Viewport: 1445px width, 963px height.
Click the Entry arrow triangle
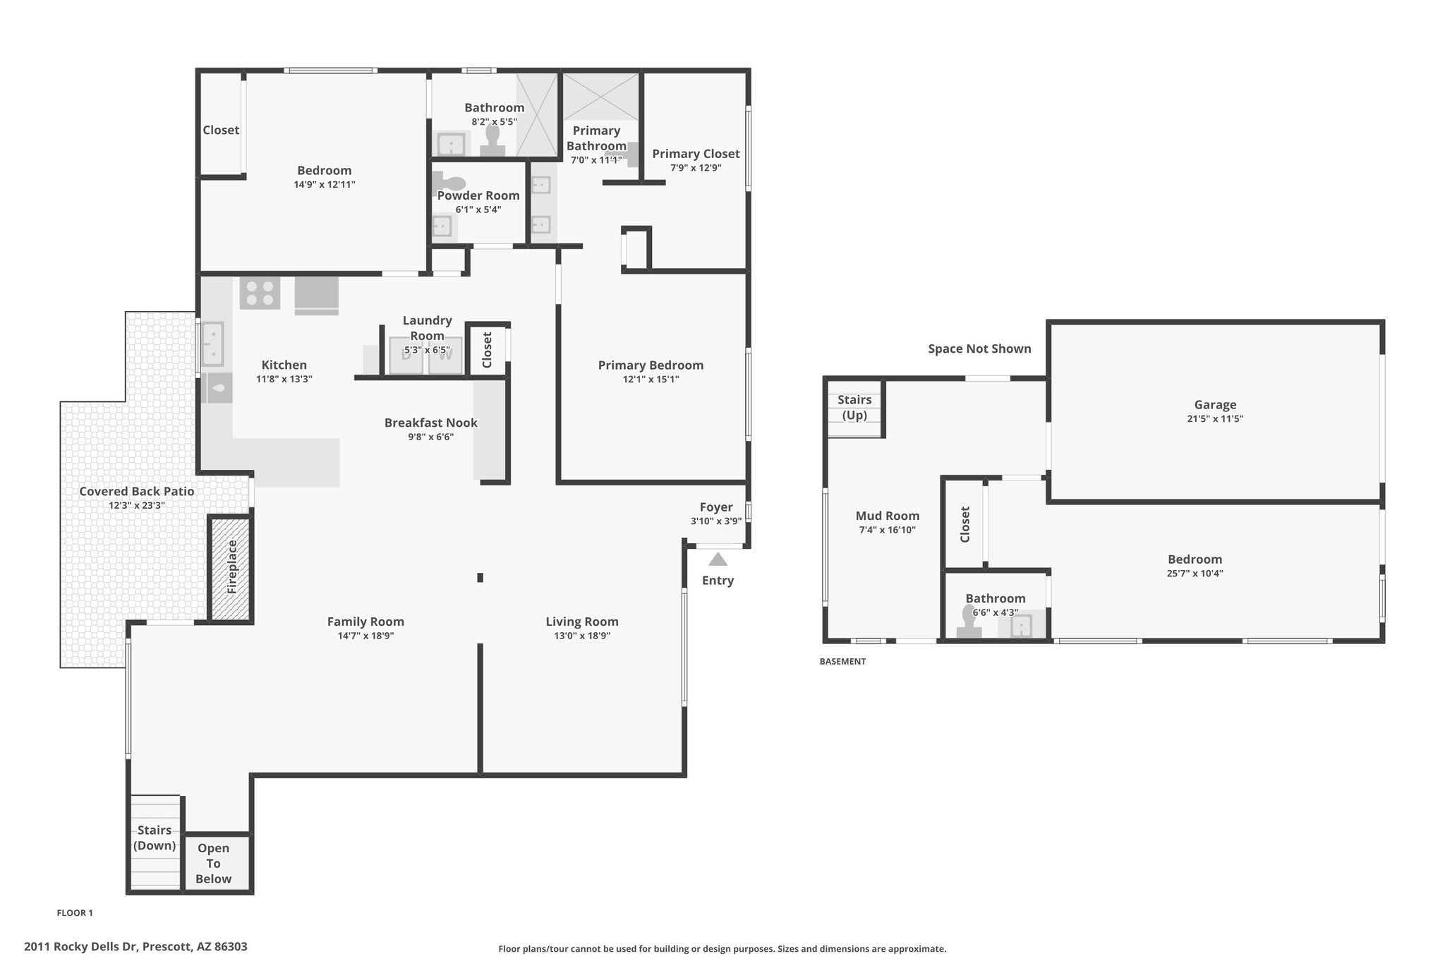pyautogui.click(x=718, y=559)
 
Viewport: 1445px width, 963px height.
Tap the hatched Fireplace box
pyautogui.click(x=231, y=568)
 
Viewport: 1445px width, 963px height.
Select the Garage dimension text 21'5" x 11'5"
pyautogui.click(x=1215, y=418)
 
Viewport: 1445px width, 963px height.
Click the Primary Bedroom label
pyautogui.click(x=651, y=365)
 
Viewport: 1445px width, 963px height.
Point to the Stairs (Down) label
pyautogui.click(x=155, y=837)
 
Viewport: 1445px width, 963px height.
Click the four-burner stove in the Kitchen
pyautogui.click(x=260, y=293)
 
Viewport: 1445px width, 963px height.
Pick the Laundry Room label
pyautogui.click(x=427, y=328)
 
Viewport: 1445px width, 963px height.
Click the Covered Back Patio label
pyautogui.click(x=136, y=491)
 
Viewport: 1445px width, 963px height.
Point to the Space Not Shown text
pyautogui.click(x=979, y=349)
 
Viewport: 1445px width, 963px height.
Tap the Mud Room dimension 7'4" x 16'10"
pyautogui.click(x=887, y=530)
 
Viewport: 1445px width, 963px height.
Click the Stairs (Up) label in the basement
pyautogui.click(x=854, y=407)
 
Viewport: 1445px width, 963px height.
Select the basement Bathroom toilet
pyautogui.click(x=969, y=622)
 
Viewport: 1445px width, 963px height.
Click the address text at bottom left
pyautogui.click(x=135, y=947)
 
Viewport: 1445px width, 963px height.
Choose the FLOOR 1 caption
pyautogui.click(x=75, y=913)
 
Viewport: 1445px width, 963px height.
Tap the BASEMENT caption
pyautogui.click(x=842, y=662)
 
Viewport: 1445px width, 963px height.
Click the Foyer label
pyautogui.click(x=716, y=507)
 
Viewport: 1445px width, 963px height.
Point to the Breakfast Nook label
pyautogui.click(x=430, y=423)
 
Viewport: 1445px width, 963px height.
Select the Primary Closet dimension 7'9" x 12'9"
pyautogui.click(x=696, y=168)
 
